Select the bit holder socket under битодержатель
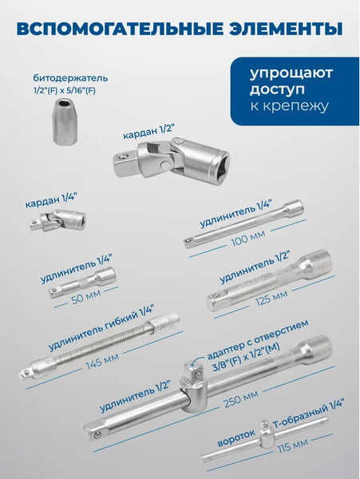pos(65,121)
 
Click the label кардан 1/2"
pos(148,133)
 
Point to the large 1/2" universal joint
pos(172,160)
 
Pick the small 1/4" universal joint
pos(58,221)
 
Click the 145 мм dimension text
pos(101,361)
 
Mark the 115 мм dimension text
pos(292,446)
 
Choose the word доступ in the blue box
pos(277,89)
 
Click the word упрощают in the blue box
pos(291,73)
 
